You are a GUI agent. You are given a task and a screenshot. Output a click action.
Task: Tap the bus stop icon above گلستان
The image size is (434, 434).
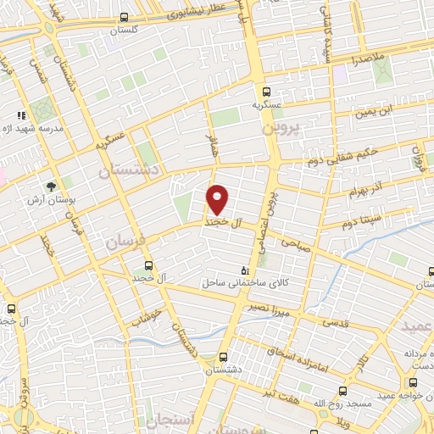[x=125, y=16]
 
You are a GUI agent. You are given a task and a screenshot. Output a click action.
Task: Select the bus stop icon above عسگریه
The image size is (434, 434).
[x=266, y=92]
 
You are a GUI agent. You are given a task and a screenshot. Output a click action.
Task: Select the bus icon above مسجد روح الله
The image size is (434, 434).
[x=343, y=391]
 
